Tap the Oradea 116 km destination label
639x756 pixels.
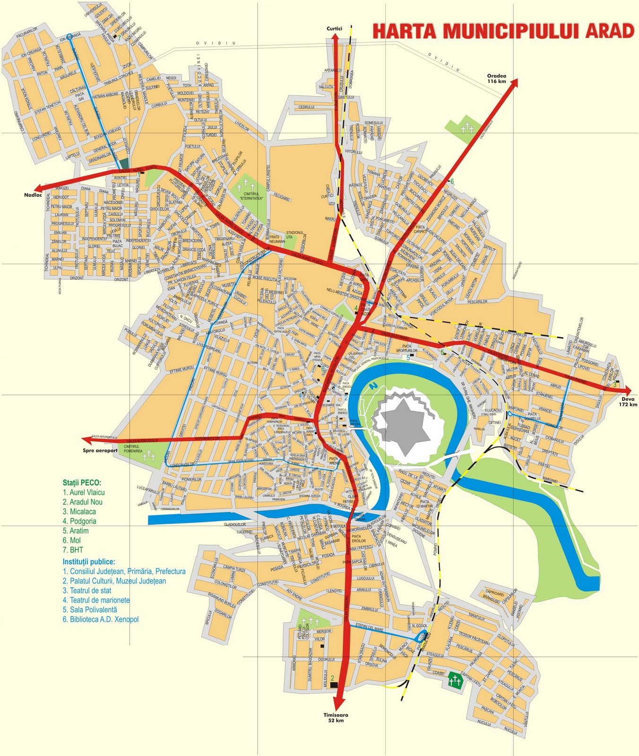click(497, 78)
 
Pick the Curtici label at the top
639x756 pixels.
click(334, 29)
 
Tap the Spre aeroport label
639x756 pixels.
click(100, 450)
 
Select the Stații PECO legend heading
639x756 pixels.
click(82, 483)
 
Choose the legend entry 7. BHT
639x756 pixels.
click(73, 550)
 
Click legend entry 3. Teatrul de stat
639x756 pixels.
click(87, 590)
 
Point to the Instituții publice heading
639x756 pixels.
click(89, 562)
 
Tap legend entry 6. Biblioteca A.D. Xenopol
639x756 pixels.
click(101, 619)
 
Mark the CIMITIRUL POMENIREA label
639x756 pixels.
click(133, 448)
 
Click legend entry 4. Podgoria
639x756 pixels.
click(79, 521)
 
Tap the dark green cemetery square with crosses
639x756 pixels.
click(455, 680)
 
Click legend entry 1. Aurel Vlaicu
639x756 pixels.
click(84, 492)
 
